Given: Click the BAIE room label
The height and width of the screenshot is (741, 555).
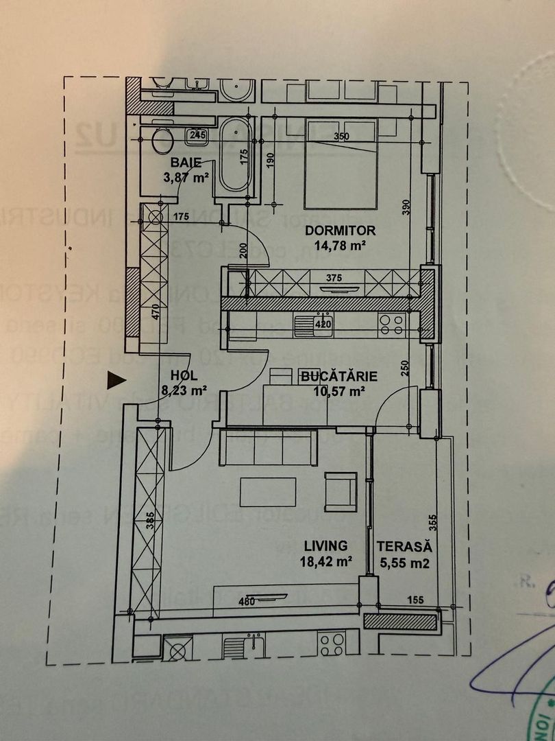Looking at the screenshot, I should click(187, 163).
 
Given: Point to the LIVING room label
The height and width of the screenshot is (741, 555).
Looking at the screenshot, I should click(326, 545).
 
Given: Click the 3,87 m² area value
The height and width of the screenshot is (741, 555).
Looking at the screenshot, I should click(187, 178).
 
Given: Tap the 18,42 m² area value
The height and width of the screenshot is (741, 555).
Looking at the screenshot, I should click(326, 561).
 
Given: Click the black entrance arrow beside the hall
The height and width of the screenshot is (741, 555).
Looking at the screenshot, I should click(117, 379).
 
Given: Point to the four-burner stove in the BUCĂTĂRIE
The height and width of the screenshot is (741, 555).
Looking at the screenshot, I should click(392, 324).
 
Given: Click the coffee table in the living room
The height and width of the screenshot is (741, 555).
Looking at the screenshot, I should click(268, 492).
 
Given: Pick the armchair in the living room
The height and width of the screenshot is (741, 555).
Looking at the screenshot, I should click(341, 491).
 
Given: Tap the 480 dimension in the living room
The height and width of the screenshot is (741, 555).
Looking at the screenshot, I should click(247, 602).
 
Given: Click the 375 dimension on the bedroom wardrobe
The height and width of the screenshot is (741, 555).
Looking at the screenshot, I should click(334, 279).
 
